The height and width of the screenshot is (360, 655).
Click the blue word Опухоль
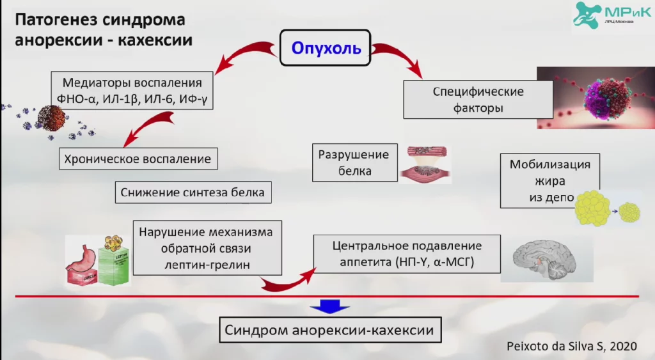tap(326, 48)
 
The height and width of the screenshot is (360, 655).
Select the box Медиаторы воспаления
tap(132, 92)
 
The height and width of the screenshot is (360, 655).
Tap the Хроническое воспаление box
tap(138, 159)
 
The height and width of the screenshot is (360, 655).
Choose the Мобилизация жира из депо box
tap(550, 180)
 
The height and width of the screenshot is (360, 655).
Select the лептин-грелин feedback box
tap(209, 247)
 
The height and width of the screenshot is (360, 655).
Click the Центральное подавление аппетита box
tap(407, 254)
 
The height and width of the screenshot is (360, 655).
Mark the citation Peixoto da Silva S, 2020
tap(573, 346)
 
